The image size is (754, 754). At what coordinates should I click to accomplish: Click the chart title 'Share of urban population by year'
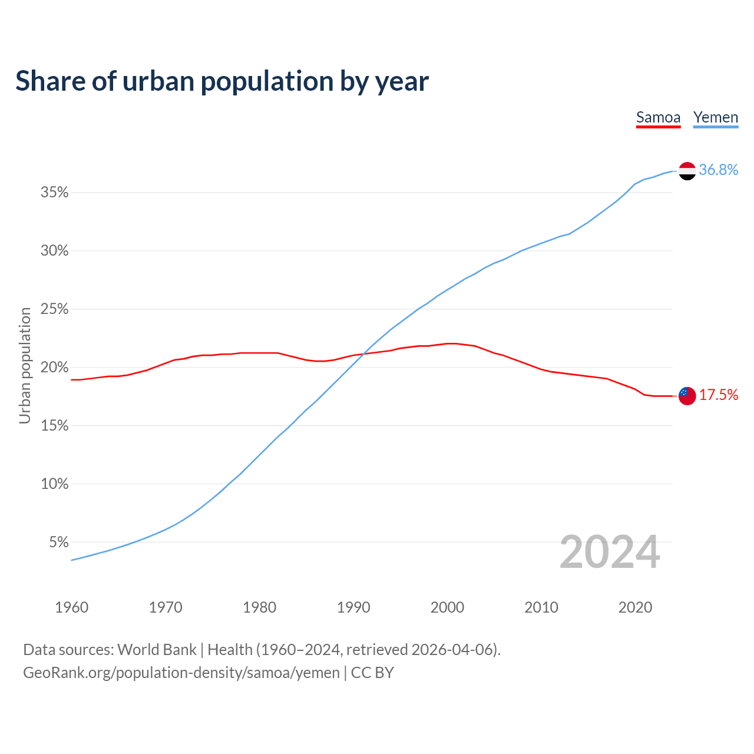222,81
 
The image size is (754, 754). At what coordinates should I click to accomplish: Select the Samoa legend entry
658,118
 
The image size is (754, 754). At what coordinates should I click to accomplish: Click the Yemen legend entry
715,118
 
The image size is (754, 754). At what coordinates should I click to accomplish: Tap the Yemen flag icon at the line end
687,171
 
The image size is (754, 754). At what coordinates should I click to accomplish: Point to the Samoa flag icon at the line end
687,395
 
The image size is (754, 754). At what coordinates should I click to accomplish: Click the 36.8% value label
718,170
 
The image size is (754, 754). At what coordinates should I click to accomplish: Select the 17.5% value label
718,395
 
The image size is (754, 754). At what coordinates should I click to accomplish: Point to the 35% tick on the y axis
55,193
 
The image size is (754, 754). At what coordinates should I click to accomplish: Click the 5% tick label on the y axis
59,542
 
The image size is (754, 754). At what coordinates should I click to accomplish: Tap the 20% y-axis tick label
55,368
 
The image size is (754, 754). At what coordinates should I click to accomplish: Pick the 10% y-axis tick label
55,484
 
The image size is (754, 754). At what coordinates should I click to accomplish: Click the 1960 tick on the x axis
71,607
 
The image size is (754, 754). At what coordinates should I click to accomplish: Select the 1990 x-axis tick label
353,607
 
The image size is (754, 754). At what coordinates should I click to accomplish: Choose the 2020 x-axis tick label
635,607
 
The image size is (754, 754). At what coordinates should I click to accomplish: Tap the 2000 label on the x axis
447,607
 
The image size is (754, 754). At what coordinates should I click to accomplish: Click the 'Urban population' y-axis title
25,366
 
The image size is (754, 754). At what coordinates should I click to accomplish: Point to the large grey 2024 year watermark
610,553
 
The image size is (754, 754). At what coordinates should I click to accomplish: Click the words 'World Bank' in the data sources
157,650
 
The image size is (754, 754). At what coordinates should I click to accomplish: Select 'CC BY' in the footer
372,673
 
